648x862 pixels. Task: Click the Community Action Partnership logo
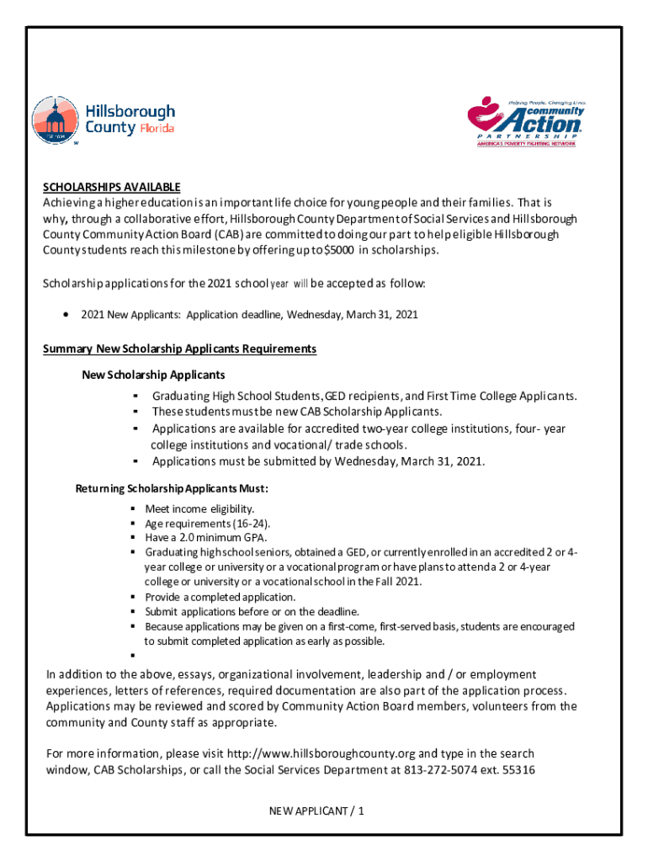(x=525, y=122)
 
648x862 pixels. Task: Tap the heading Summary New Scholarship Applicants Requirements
(x=179, y=349)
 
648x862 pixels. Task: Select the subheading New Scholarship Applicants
(x=153, y=374)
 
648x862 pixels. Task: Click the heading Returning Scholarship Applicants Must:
(x=172, y=489)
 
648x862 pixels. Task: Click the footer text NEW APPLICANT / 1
(x=316, y=811)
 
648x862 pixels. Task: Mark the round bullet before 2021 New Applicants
(x=66, y=315)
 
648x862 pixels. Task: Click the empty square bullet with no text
(x=133, y=656)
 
